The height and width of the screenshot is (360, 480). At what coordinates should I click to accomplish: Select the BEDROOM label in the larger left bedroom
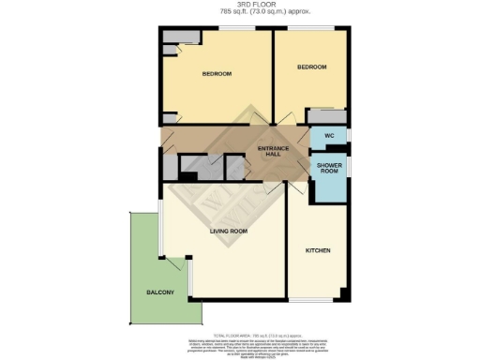click(x=217, y=74)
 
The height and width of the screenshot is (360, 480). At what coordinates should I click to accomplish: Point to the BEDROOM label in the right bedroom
click(x=311, y=67)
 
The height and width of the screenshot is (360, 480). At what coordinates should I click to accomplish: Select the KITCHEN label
click(x=319, y=250)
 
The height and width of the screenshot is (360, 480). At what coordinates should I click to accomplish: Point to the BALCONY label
click(x=159, y=293)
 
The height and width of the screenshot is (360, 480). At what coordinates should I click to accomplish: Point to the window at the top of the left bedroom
click(x=235, y=30)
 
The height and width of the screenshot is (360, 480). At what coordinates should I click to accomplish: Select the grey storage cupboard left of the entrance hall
click(x=170, y=165)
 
